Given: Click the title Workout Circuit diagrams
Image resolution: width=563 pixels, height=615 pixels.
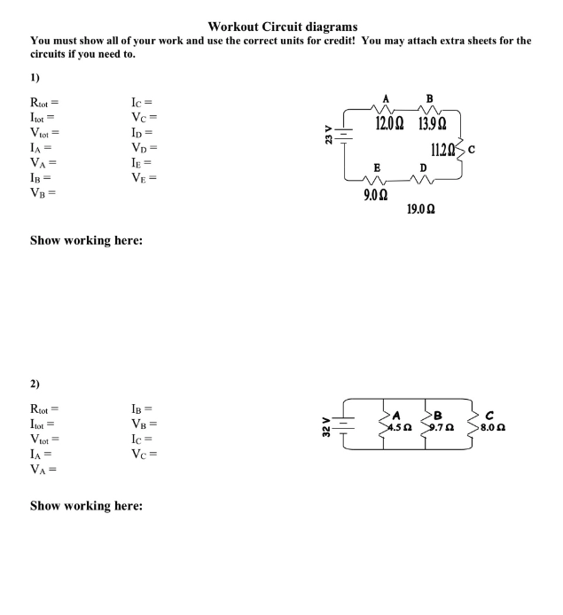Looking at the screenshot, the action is [282, 27].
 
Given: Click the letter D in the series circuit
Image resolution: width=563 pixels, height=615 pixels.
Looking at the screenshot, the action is [423, 167].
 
